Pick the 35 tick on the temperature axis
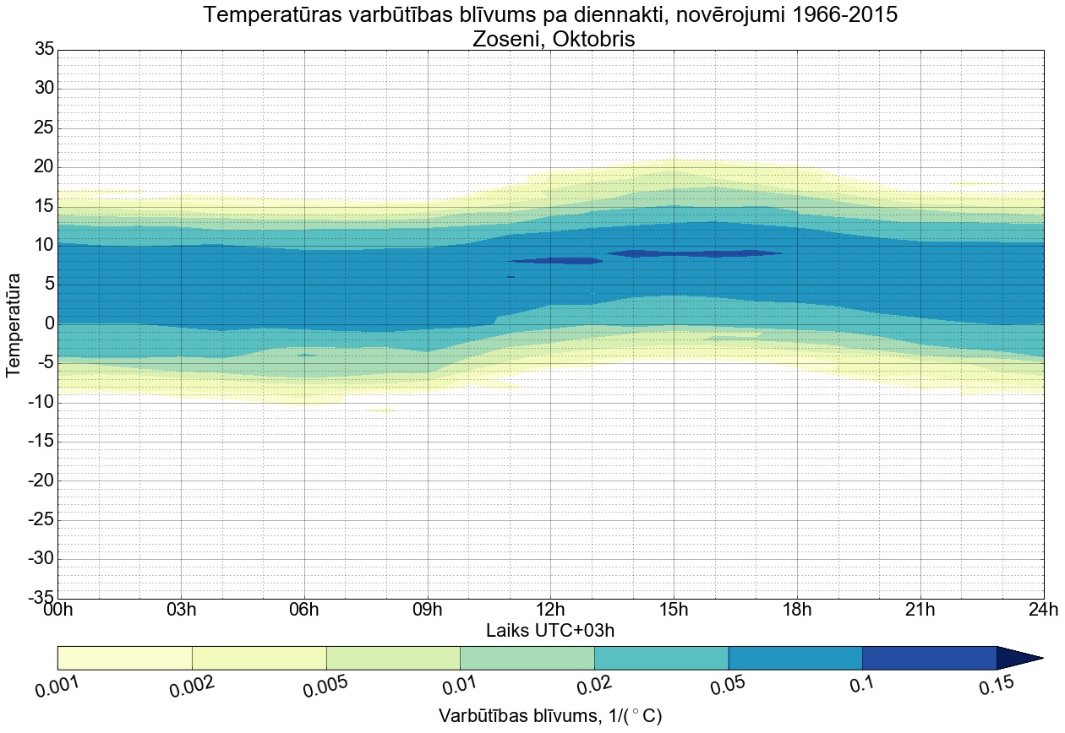[44, 50]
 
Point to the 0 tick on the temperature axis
[49, 324]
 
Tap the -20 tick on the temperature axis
[41, 481]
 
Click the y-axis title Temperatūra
[14, 324]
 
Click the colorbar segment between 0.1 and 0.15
[929, 658]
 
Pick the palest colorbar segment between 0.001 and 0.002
[125, 658]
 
